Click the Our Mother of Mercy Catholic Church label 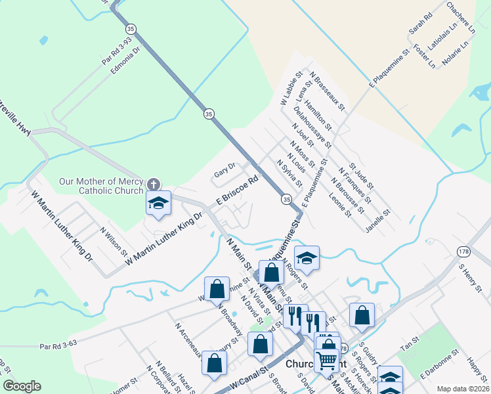101,186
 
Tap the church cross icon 153,185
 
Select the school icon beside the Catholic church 158,204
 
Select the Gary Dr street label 224,174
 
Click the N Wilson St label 114,241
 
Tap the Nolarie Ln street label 458,58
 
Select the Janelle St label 378,222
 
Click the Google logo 22,385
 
